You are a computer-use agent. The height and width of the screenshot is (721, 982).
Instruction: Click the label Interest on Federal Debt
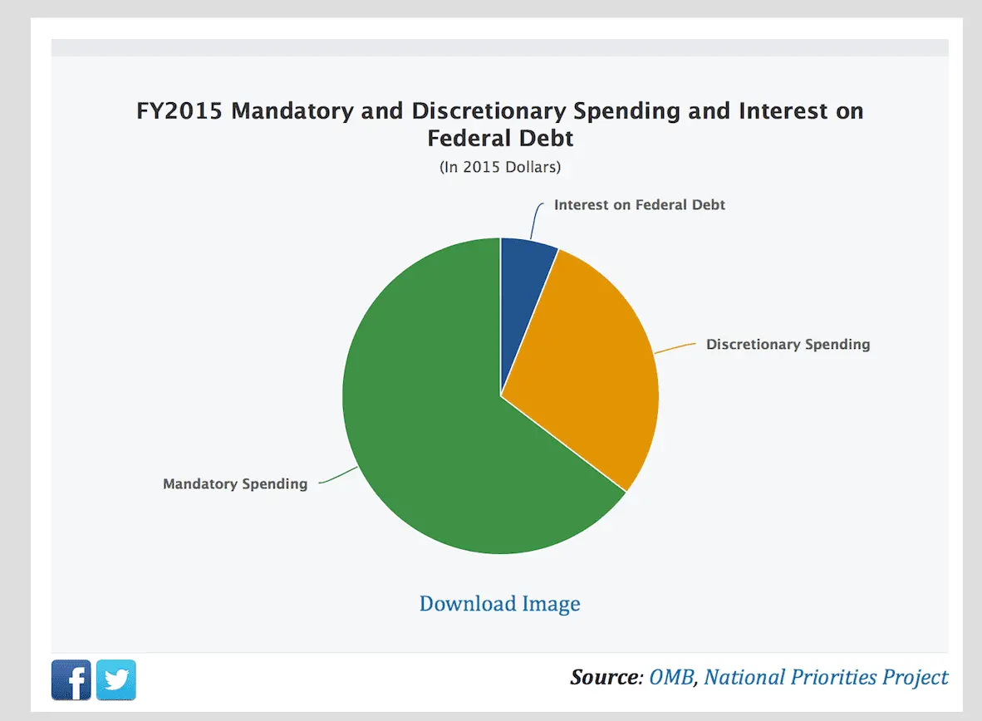tap(639, 204)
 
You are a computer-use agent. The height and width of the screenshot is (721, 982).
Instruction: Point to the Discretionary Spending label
tap(788, 344)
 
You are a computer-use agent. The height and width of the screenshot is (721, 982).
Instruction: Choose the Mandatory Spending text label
tap(235, 483)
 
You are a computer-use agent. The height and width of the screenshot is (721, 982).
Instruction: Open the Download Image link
tap(499, 603)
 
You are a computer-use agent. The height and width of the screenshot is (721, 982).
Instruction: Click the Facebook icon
tap(71, 680)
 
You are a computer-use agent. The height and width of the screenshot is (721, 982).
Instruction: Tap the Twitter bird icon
tap(116, 680)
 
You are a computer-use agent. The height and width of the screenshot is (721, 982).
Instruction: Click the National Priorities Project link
tap(826, 677)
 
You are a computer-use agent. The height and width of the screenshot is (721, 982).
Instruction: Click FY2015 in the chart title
tap(179, 111)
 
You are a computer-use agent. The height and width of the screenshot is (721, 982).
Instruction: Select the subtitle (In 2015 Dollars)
tap(500, 167)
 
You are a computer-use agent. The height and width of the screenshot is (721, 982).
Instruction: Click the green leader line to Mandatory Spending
tap(336, 477)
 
